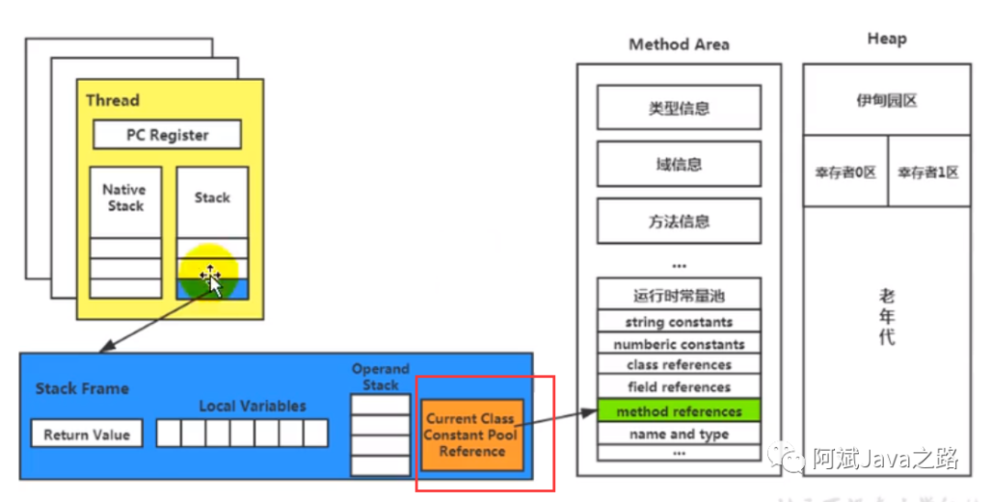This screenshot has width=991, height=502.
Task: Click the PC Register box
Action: tap(167, 135)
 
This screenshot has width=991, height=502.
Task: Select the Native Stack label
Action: tap(125, 197)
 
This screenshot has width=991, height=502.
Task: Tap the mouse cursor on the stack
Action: tap(211, 278)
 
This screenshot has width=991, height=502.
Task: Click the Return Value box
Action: tap(87, 434)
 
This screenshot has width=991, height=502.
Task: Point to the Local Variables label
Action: tap(252, 406)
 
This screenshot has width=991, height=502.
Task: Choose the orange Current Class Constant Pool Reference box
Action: tap(472, 435)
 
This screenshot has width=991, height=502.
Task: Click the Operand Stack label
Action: tap(380, 377)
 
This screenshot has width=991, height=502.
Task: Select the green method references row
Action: tap(679, 411)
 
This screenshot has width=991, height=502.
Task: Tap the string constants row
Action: tap(679, 322)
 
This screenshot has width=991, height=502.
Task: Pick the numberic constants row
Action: tap(679, 344)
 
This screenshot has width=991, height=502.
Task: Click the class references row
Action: tap(679, 365)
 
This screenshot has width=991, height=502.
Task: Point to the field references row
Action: tap(679, 387)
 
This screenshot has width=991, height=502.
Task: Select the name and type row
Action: tap(679, 434)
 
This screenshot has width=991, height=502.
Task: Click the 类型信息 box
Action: tap(679, 108)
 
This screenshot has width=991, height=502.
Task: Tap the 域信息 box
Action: tap(679, 164)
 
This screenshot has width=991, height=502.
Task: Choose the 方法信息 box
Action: tap(679, 221)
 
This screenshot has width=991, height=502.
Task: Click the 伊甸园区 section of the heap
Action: tap(886, 100)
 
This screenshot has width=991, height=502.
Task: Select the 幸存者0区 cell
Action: tap(845, 172)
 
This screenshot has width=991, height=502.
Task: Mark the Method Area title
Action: tap(679, 44)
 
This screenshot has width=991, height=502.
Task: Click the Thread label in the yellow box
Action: tap(113, 100)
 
